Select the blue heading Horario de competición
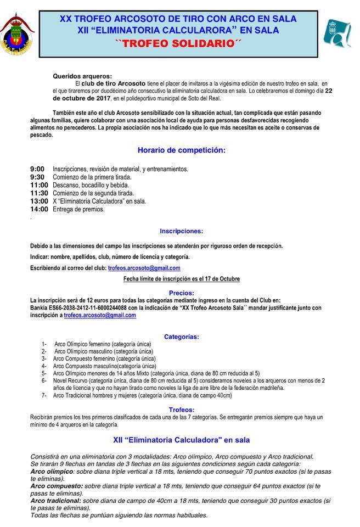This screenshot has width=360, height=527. click(181, 149)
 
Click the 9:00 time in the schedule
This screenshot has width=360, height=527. click(37, 169)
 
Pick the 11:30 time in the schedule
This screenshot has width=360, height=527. click(39, 193)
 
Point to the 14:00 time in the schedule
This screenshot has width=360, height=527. click(39, 209)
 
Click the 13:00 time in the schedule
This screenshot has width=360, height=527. click(39, 201)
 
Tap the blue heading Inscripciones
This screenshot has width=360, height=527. click(181, 231)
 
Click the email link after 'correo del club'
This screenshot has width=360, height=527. click(144, 268)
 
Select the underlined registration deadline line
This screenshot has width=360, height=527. click(181, 279)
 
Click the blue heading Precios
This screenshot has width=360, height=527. click(181, 293)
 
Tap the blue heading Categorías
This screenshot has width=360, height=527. click(181, 337)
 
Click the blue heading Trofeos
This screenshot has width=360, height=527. click(181, 410)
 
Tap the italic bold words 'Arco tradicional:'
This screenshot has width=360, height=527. click(55, 501)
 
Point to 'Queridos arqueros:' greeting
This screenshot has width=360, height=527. click(82, 76)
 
